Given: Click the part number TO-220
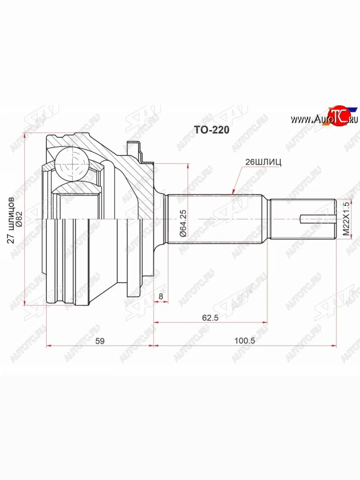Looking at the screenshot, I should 211,130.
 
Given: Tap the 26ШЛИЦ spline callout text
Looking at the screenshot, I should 264,162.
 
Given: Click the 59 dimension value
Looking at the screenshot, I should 100,341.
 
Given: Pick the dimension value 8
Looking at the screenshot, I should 160,296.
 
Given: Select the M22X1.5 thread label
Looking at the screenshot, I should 346,220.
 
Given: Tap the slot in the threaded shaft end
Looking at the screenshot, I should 316,219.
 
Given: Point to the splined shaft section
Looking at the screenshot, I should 216,219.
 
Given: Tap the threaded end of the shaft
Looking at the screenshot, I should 302,219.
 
